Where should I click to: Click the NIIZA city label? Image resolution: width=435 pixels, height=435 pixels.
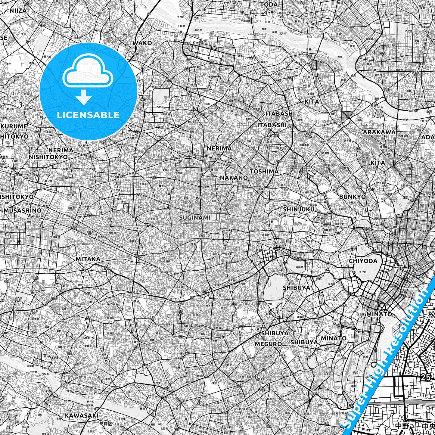pyautogui.click(x=18, y=11)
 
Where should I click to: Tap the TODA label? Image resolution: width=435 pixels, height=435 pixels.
pyautogui.click(x=269, y=5)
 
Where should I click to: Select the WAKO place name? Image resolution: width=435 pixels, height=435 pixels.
pyautogui.click(x=142, y=43)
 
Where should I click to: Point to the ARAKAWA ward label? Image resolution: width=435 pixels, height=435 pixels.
pyautogui.click(x=379, y=132)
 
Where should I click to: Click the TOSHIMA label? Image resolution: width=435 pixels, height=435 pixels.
pyautogui.click(x=264, y=171)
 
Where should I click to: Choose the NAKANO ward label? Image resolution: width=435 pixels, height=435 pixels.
pyautogui.click(x=234, y=178)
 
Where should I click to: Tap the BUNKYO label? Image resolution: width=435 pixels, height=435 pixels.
pyautogui.click(x=353, y=197)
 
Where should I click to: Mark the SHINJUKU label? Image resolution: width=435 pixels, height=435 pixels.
pyautogui.click(x=299, y=209)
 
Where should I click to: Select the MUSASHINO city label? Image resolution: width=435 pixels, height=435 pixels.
pyautogui.click(x=23, y=210)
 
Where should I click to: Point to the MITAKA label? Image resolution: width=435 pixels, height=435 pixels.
pyautogui.click(x=88, y=259)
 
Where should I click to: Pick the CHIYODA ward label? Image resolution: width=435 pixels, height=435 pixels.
pyautogui.click(x=363, y=261)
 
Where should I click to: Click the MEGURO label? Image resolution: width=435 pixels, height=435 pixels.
pyautogui.click(x=268, y=344)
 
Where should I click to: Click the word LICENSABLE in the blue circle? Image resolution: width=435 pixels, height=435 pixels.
pyautogui.click(x=88, y=115)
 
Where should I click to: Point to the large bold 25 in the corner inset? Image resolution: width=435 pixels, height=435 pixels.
pyautogui.click(x=426, y=377)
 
